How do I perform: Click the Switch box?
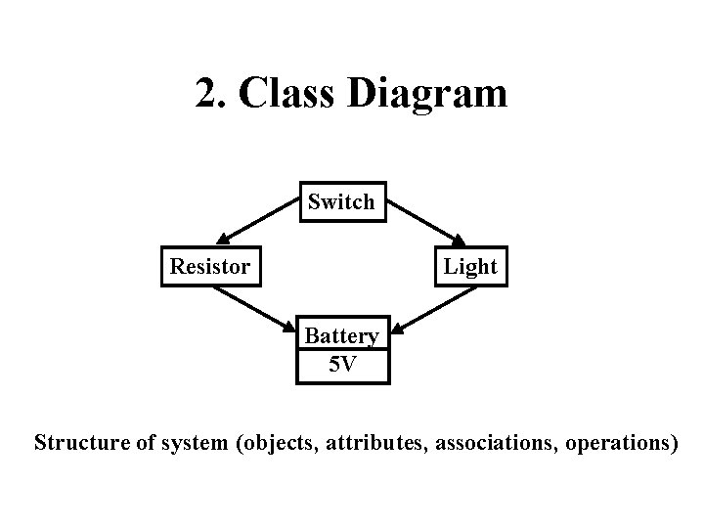[341, 202]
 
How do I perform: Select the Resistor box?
[210, 266]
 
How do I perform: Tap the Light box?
[470, 266]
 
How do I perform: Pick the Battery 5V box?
[341, 350]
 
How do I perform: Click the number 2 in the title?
[205, 94]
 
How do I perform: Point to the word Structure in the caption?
[82, 442]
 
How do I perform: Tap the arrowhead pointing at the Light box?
[460, 239]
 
